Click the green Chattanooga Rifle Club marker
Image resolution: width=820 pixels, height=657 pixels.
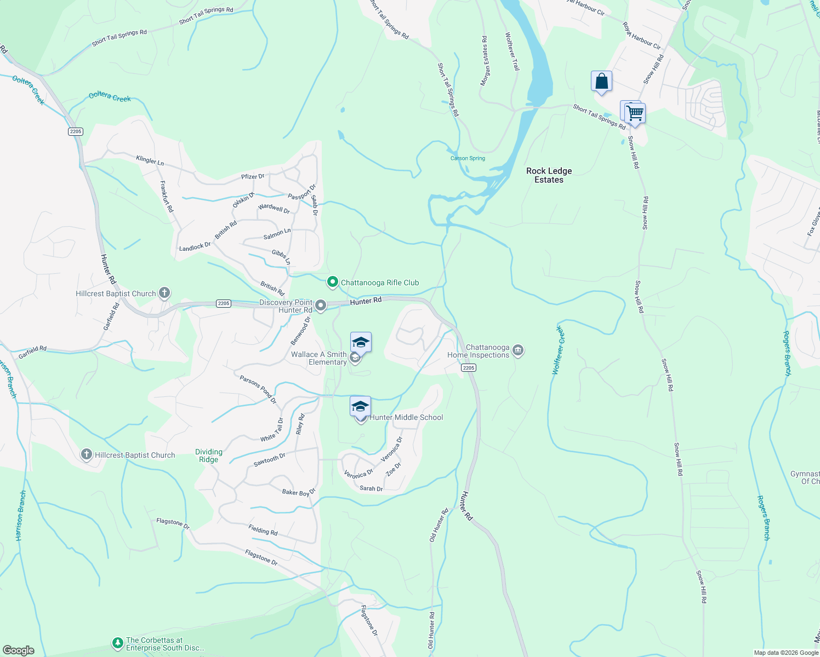[332, 283]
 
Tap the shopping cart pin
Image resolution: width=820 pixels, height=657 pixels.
[635, 113]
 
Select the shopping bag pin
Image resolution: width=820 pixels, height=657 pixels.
[601, 82]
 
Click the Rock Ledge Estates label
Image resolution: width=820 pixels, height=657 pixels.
[549, 175]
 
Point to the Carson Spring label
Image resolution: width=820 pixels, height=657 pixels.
[468, 158]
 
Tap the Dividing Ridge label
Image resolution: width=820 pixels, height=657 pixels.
[209, 456]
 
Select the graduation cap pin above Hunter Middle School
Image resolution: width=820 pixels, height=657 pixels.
[360, 407]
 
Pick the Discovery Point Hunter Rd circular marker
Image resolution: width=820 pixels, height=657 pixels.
[321, 306]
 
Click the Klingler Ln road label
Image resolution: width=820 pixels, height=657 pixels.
[150, 160]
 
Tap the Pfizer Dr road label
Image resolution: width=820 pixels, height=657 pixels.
[253, 176]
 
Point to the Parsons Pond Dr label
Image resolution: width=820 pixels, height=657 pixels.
[258, 389]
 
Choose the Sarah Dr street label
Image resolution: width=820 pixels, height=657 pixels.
[371, 488]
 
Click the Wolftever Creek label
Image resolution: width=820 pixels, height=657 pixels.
[557, 350]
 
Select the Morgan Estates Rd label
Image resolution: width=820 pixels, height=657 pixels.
[484, 61]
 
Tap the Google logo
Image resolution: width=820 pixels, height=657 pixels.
[18, 650]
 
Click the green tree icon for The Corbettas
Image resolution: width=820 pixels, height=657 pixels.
[117, 643]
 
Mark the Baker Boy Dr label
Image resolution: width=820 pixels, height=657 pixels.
[299, 492]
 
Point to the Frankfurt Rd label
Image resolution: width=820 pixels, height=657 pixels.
[167, 197]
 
